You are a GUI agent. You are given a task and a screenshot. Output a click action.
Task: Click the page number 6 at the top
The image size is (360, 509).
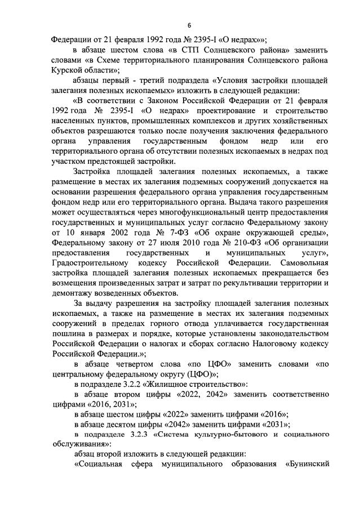click(x=189, y=25)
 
